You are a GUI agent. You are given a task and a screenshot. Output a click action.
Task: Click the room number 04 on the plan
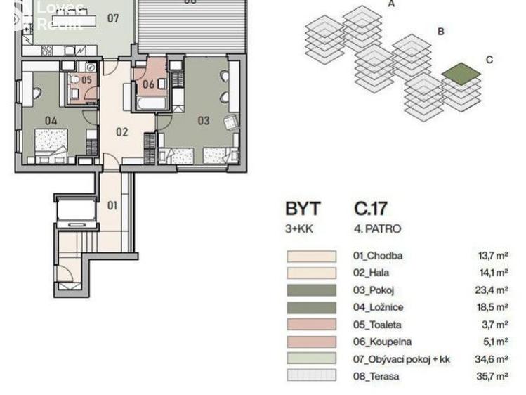pyautogui.click(x=51, y=120)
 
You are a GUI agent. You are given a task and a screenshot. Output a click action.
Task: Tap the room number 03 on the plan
pyautogui.click(x=203, y=121)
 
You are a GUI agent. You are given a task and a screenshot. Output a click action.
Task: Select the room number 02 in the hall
pyautogui.click(x=121, y=131)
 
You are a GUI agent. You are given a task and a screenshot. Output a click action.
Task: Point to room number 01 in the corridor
pyautogui.click(x=112, y=206)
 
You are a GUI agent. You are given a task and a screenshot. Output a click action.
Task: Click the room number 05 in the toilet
pyautogui.click(x=86, y=80)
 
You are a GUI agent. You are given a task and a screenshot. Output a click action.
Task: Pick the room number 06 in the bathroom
pyautogui.click(x=148, y=85)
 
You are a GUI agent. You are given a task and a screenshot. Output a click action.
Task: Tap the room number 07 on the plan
pyautogui.click(x=113, y=18)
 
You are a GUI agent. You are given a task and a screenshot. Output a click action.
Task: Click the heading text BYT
pyautogui.click(x=303, y=209)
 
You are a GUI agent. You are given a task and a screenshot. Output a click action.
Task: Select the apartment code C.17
pyautogui.click(x=371, y=209)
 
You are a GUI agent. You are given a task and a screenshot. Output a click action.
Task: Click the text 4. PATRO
pyautogui.click(x=377, y=228)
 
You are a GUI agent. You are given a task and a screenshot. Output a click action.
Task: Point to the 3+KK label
pyautogui.click(x=298, y=228)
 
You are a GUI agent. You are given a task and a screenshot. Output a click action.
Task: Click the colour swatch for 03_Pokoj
pyautogui.click(x=310, y=290)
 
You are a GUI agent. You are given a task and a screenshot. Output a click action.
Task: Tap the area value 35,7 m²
pyautogui.click(x=492, y=376)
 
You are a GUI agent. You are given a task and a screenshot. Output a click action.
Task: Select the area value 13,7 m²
pyautogui.click(x=492, y=256)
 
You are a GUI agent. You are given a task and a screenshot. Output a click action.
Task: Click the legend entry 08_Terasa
pyautogui.click(x=376, y=376)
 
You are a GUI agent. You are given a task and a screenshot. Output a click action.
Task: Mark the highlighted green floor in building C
pyautogui.click(x=461, y=73)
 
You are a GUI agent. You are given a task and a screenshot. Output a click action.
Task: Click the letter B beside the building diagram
pyautogui.click(x=441, y=32)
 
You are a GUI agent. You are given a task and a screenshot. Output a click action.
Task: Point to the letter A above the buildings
pyautogui.click(x=391, y=4)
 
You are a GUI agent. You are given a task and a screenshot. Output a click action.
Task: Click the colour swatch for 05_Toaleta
pyautogui.click(x=310, y=324)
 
